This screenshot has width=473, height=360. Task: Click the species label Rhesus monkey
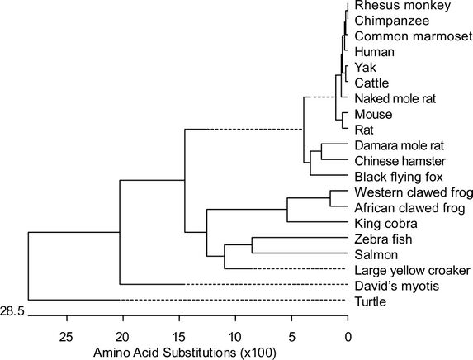(x=403, y=6)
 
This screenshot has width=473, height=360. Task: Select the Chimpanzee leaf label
(x=392, y=21)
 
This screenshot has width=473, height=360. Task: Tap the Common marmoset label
(x=414, y=36)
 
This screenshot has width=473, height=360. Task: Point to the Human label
(x=375, y=52)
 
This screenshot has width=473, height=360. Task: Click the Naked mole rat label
(x=395, y=99)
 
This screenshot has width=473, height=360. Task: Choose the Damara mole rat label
(x=400, y=145)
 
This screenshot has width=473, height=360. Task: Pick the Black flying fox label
(x=399, y=177)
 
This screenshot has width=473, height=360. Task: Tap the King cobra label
(x=386, y=224)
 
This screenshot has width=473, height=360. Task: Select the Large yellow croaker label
(x=413, y=270)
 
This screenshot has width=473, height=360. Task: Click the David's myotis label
(x=397, y=286)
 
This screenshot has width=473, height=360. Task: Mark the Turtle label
(x=371, y=301)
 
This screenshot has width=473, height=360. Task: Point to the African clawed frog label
(x=409, y=208)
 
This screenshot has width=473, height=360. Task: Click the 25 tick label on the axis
(x=66, y=337)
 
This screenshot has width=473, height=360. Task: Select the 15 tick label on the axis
(x=179, y=337)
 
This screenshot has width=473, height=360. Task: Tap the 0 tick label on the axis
(x=348, y=337)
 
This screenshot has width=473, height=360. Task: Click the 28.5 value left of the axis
(x=12, y=310)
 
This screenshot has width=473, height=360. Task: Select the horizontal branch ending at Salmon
(x=300, y=253)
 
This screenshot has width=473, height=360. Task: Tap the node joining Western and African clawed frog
(x=330, y=198)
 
